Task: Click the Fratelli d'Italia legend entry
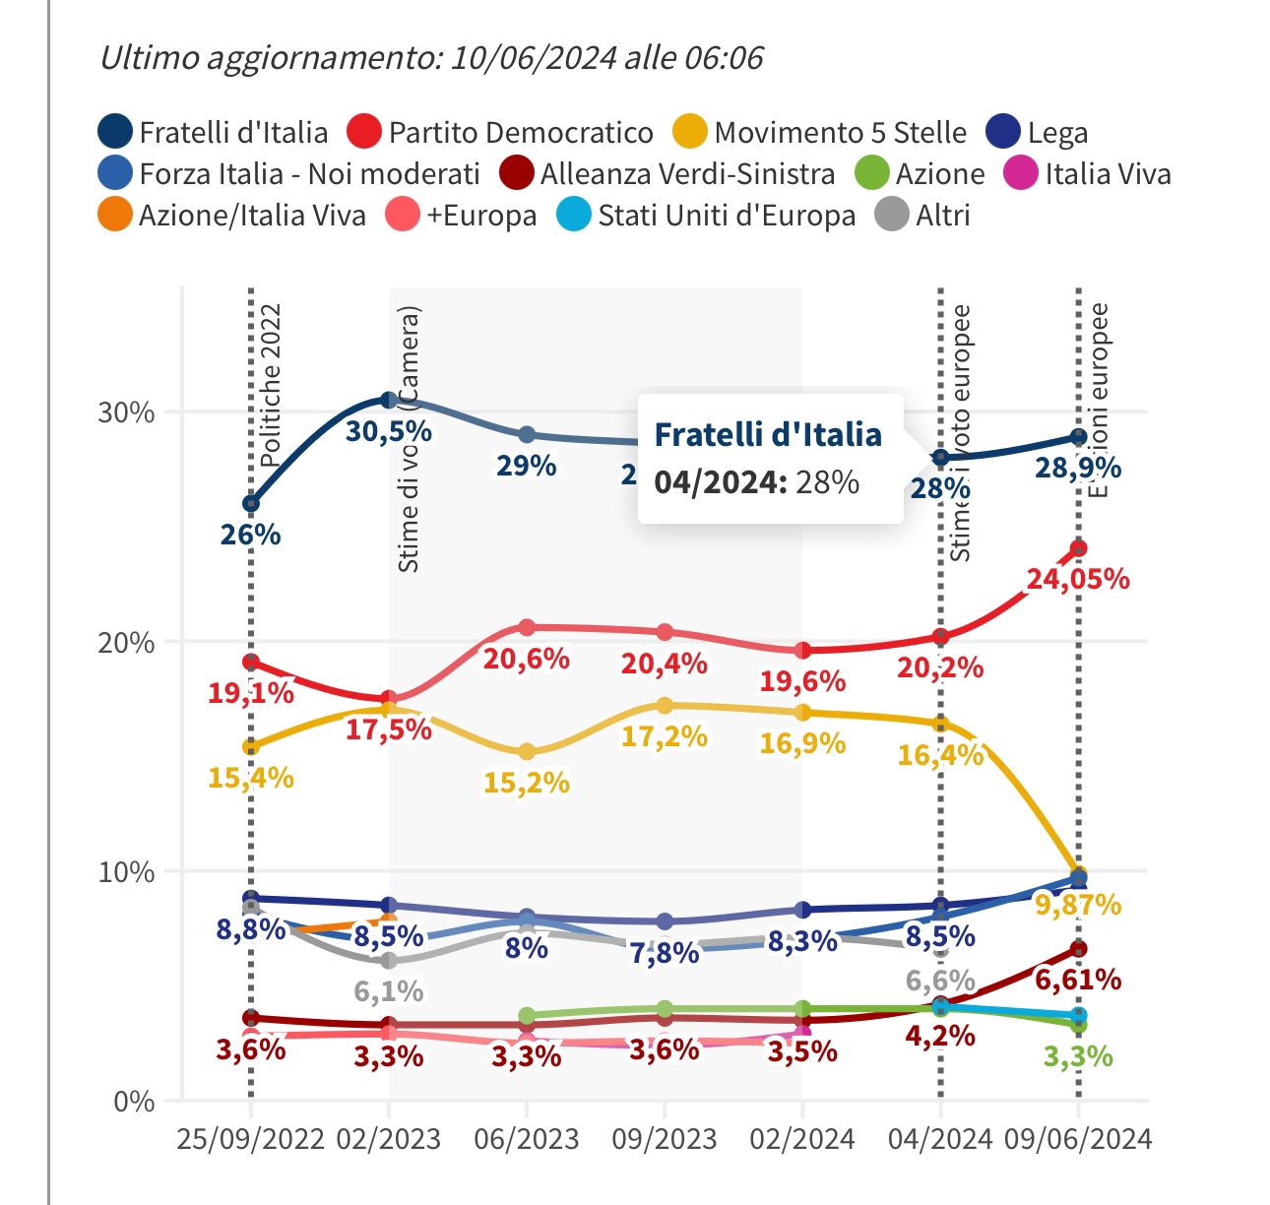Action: [x=214, y=132]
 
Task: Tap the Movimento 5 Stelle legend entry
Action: [x=820, y=132]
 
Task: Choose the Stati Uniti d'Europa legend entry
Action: [x=707, y=216]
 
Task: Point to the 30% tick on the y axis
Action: [x=126, y=412]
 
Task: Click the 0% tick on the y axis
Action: [x=134, y=1102]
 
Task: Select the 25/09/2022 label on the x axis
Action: [x=251, y=1139]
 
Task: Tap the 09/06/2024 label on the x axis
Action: [x=1078, y=1139]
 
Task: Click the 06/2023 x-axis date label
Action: [x=527, y=1139]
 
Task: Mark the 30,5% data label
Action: [x=389, y=431]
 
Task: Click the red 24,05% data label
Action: [x=1078, y=579]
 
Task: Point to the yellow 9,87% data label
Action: [x=1078, y=904]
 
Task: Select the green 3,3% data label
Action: [x=1078, y=1056]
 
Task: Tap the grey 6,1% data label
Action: [x=389, y=990]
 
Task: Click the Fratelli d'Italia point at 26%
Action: [x=251, y=503]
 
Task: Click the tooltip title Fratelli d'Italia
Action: [x=768, y=434]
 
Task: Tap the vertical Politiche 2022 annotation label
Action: [x=271, y=384]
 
